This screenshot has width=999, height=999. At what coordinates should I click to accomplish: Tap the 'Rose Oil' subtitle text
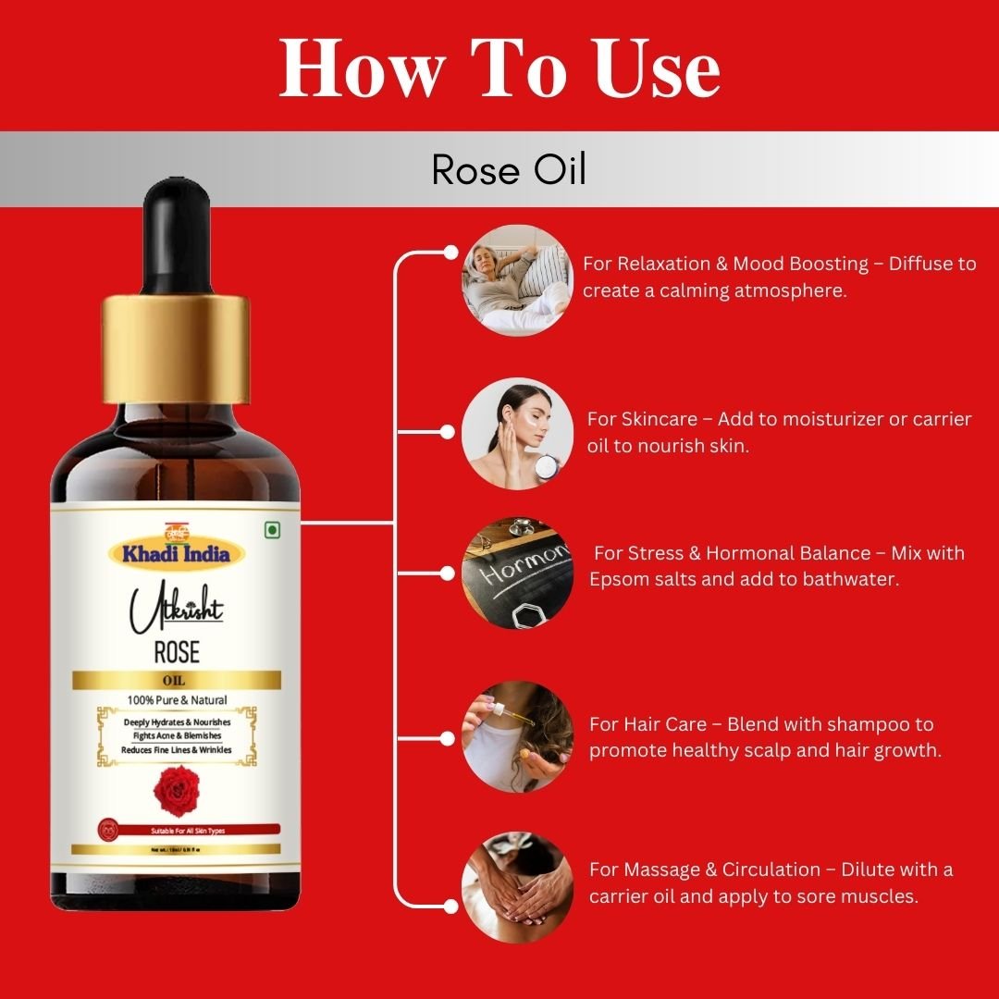(x=509, y=169)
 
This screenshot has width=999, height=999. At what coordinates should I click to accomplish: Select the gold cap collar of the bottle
(x=176, y=347)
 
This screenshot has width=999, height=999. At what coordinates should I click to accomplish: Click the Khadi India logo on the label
(x=176, y=552)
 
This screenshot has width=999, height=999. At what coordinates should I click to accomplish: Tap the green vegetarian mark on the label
(x=271, y=530)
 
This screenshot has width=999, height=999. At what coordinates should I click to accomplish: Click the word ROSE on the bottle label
(x=176, y=651)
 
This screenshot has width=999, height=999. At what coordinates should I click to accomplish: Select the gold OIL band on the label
(x=176, y=681)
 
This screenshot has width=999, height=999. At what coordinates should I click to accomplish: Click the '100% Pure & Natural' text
(x=176, y=699)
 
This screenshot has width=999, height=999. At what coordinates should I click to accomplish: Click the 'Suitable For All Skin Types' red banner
(x=176, y=831)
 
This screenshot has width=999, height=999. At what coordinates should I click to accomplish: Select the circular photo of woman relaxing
(x=517, y=280)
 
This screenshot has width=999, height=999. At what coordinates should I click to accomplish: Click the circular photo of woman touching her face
(x=517, y=433)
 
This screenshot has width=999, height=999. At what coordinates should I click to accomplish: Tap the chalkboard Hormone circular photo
(x=517, y=573)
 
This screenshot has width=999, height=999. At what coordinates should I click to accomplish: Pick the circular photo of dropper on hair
(x=517, y=736)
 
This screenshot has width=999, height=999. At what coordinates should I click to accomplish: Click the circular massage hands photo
(x=517, y=887)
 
